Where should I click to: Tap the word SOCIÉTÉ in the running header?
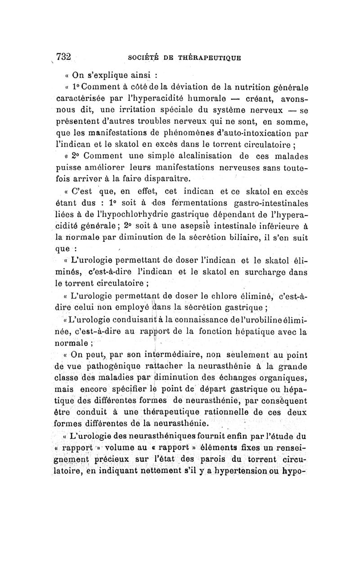(144, 58)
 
